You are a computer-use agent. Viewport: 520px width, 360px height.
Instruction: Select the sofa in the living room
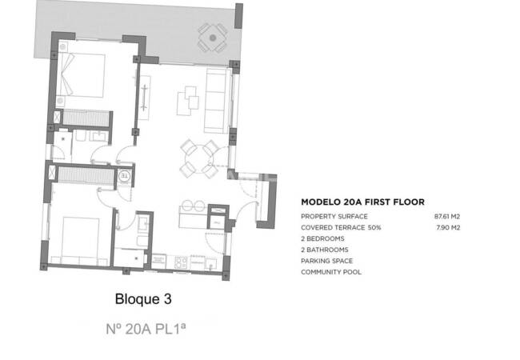pyautogui.click(x=215, y=101)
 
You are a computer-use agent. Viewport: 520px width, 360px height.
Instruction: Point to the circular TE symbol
pyautogui.click(x=124, y=176)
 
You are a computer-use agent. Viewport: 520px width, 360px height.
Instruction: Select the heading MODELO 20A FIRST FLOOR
pyautogui.click(x=362, y=202)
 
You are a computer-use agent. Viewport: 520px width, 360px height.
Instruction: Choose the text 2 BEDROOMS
pyautogui.click(x=322, y=238)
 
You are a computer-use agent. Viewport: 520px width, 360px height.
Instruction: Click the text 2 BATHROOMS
pyautogui.click(x=324, y=250)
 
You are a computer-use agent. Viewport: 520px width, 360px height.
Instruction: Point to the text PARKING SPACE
pyautogui.click(x=326, y=261)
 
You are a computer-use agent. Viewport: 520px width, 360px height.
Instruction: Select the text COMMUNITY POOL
pyautogui.click(x=330, y=272)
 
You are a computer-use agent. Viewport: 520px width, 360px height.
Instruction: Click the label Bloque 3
pyautogui.click(x=144, y=299)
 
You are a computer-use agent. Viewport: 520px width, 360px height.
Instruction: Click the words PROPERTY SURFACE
pyautogui.click(x=334, y=217)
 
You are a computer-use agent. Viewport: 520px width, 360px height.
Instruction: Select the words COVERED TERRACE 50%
pyautogui.click(x=341, y=228)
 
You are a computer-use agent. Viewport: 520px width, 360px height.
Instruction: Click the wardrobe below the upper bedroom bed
pyautogui.click(x=83, y=118)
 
